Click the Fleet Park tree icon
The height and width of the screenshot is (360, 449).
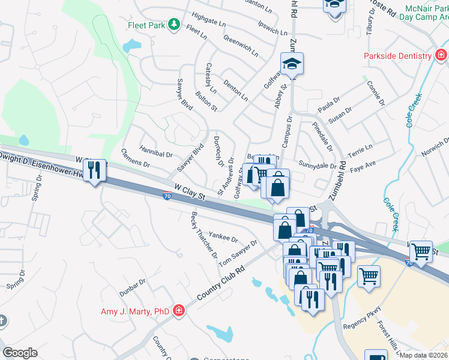[174, 25]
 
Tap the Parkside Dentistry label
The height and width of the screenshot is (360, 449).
[398, 56]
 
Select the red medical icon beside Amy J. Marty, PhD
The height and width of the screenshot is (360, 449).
[178, 310]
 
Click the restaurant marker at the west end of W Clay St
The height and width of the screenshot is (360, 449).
[95, 170]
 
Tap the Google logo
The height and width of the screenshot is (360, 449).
[20, 353]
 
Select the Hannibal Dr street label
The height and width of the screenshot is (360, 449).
[155, 154]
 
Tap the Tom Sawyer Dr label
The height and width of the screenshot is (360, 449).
[238, 254]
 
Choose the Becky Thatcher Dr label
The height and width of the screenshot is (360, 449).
[205, 235]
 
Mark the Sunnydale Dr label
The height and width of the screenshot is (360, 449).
[318, 164]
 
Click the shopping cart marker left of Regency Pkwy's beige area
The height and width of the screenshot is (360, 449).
[369, 277]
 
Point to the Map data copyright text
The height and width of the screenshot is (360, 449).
[424, 355]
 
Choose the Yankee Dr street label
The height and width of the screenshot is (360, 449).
[223, 237]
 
